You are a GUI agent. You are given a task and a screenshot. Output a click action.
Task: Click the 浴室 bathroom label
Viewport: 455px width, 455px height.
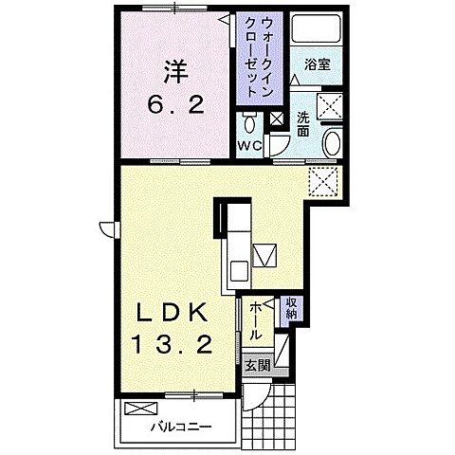click(x=318, y=65)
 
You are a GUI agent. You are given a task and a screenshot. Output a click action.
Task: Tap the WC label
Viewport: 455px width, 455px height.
click(x=249, y=146)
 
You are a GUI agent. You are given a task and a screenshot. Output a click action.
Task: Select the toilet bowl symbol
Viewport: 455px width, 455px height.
click(x=250, y=123)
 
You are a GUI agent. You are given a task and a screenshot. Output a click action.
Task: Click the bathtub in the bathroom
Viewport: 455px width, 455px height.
click(x=316, y=28)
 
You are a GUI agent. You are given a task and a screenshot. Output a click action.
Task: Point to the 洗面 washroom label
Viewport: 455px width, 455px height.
click(x=302, y=124)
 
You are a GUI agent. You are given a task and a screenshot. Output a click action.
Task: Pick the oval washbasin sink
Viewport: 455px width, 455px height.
click(x=333, y=143)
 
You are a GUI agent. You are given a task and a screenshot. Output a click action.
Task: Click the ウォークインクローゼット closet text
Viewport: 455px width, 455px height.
click(x=259, y=57)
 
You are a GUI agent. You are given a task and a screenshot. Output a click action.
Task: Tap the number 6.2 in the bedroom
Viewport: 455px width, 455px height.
click(x=175, y=104)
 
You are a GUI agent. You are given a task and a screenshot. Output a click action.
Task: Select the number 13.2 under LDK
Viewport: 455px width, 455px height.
click(x=172, y=344)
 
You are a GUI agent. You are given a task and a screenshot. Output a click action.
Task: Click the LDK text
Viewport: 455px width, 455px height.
click(x=172, y=312)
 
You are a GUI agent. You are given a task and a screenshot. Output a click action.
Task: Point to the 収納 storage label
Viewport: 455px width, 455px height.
click(x=291, y=308)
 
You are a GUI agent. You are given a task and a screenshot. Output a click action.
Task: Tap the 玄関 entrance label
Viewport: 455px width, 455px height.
click(x=258, y=366)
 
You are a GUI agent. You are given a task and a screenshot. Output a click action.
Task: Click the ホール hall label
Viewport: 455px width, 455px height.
click(x=255, y=321)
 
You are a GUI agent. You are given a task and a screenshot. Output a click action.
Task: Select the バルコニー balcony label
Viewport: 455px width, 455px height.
click(x=181, y=428)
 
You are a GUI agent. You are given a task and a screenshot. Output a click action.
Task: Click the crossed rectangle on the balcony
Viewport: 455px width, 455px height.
click(x=140, y=409)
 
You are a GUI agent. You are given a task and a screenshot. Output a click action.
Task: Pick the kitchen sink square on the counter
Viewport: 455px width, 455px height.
click(x=239, y=271)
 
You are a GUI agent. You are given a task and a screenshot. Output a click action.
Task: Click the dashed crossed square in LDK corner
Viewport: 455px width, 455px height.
click(x=323, y=182)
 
